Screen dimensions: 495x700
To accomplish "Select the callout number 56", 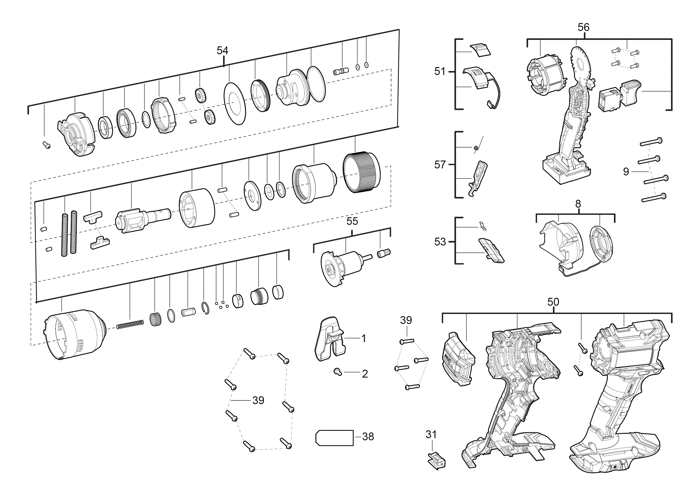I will pyautogui.click(x=583, y=27).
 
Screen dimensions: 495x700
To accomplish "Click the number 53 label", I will pyautogui.click(x=440, y=242).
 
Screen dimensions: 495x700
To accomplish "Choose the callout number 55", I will pyautogui.click(x=352, y=221).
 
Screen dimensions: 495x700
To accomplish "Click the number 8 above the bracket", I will pyautogui.click(x=578, y=204).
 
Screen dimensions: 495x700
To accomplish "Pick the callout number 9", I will pyautogui.click(x=626, y=172).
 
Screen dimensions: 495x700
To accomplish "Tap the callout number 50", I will pyautogui.click(x=553, y=302).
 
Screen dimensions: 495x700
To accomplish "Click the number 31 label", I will pyautogui.click(x=431, y=434).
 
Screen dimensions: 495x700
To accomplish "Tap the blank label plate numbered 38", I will pyautogui.click(x=334, y=438).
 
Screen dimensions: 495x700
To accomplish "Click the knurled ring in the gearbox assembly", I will pyautogui.click(x=362, y=172).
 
